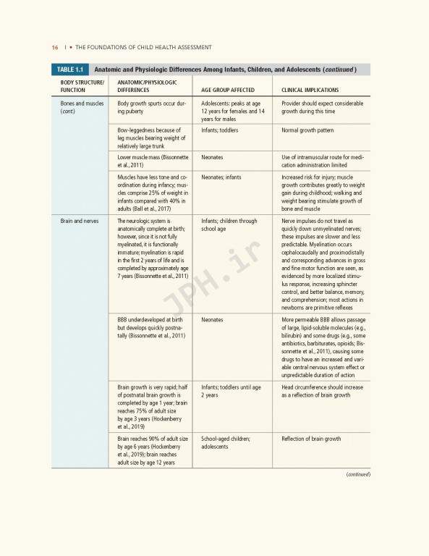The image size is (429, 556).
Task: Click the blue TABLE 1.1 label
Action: pyautogui.click(x=70, y=69)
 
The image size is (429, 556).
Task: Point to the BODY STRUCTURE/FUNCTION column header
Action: pyautogui.click(x=82, y=86)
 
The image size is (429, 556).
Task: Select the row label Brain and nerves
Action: pyautogui.click(x=79, y=221)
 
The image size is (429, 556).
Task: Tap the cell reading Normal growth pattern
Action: pyautogui.click(x=307, y=130)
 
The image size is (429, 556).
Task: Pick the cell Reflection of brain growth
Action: pyautogui.click(x=310, y=439)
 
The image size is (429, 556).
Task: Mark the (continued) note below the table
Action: pyautogui.click(x=357, y=474)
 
